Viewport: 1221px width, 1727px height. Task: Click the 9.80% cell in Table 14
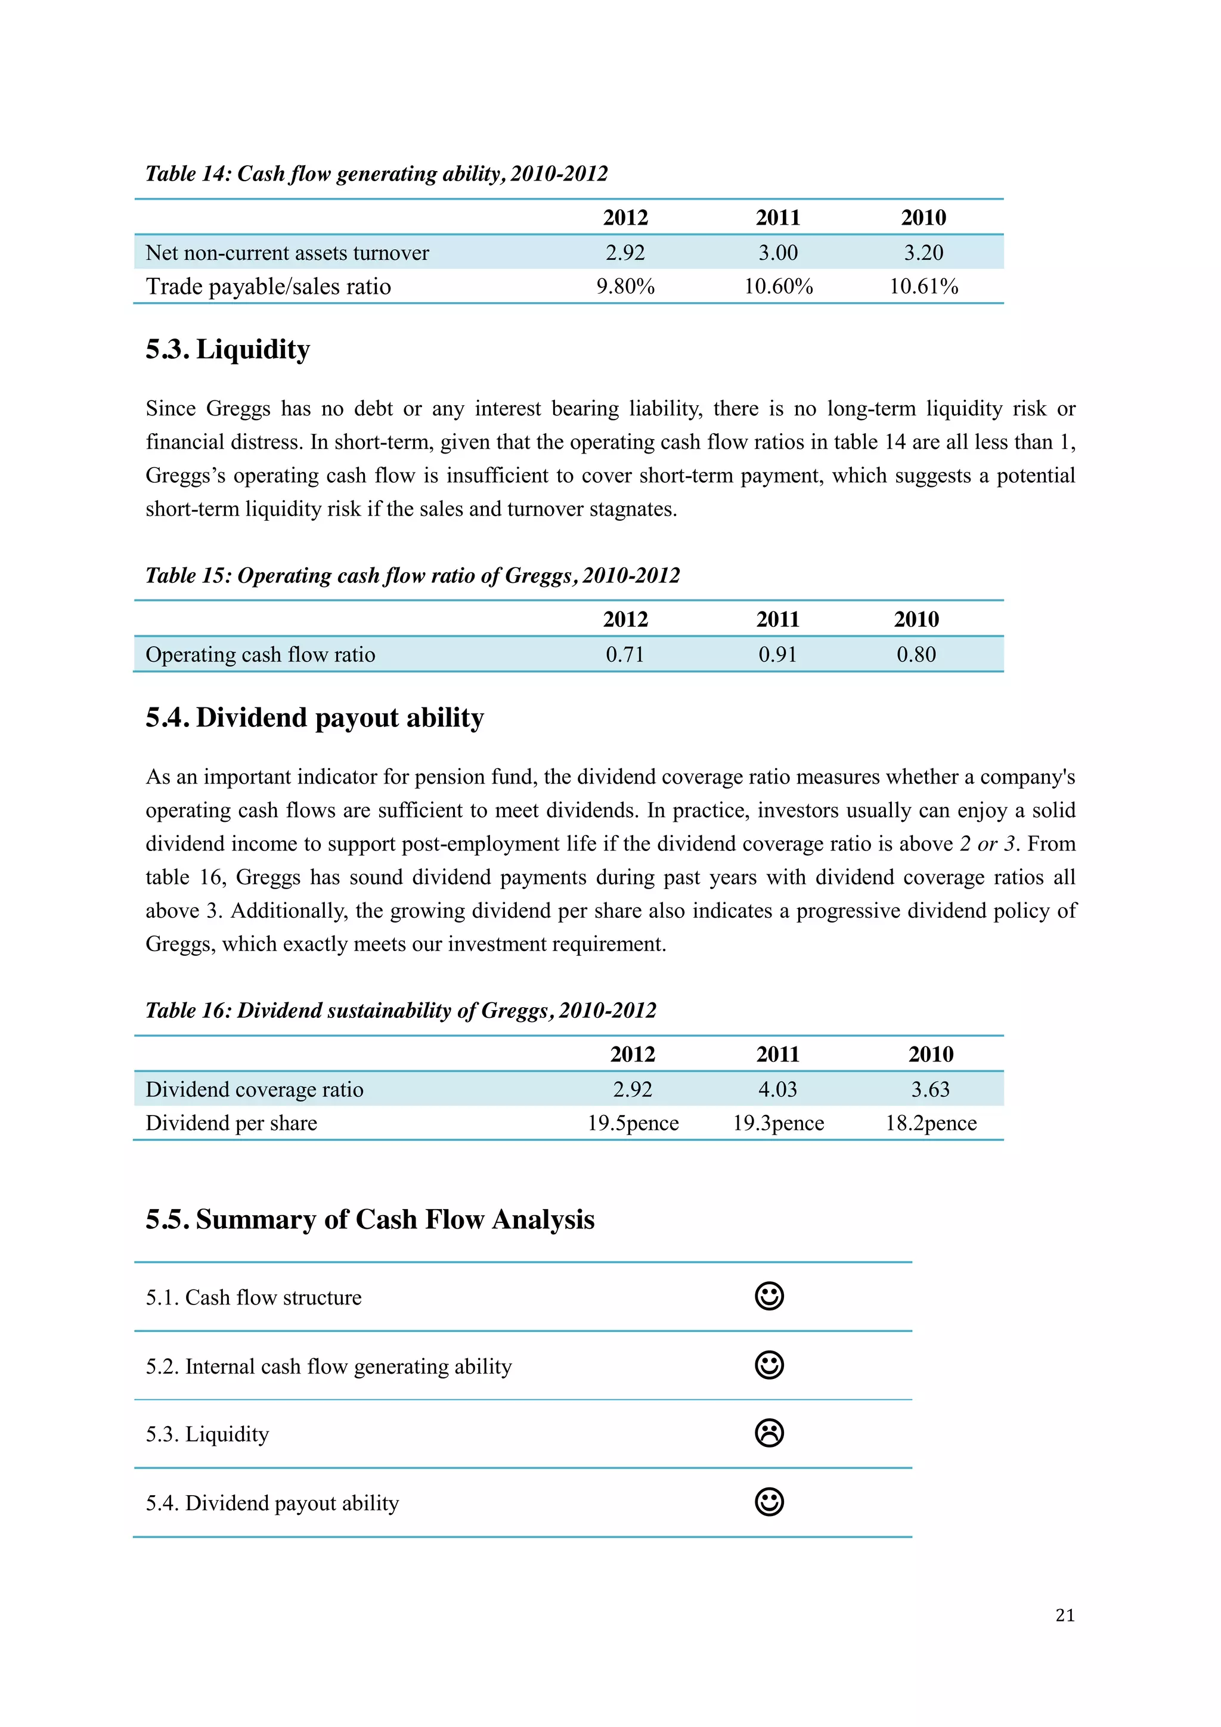(x=625, y=287)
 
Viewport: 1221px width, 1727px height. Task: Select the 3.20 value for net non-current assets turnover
(x=923, y=253)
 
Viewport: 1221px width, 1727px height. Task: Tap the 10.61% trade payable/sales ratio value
(x=923, y=287)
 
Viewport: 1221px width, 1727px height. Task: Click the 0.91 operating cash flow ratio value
(x=777, y=654)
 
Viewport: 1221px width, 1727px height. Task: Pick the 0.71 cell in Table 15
(x=625, y=654)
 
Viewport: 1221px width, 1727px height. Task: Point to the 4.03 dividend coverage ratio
(x=777, y=1089)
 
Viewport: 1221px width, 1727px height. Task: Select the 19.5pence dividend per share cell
(x=633, y=1123)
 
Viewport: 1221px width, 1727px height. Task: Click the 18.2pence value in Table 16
(x=931, y=1123)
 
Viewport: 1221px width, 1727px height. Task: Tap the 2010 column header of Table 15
(x=916, y=619)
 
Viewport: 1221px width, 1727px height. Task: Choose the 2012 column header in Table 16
(x=633, y=1054)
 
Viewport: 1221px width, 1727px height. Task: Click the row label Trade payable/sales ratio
(x=268, y=287)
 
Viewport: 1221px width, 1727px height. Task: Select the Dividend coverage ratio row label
(x=255, y=1089)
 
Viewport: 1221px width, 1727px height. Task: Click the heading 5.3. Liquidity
(x=227, y=350)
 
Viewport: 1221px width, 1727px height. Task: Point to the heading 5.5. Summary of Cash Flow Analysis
(x=370, y=1219)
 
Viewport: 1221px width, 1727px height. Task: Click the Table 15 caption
(x=412, y=576)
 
